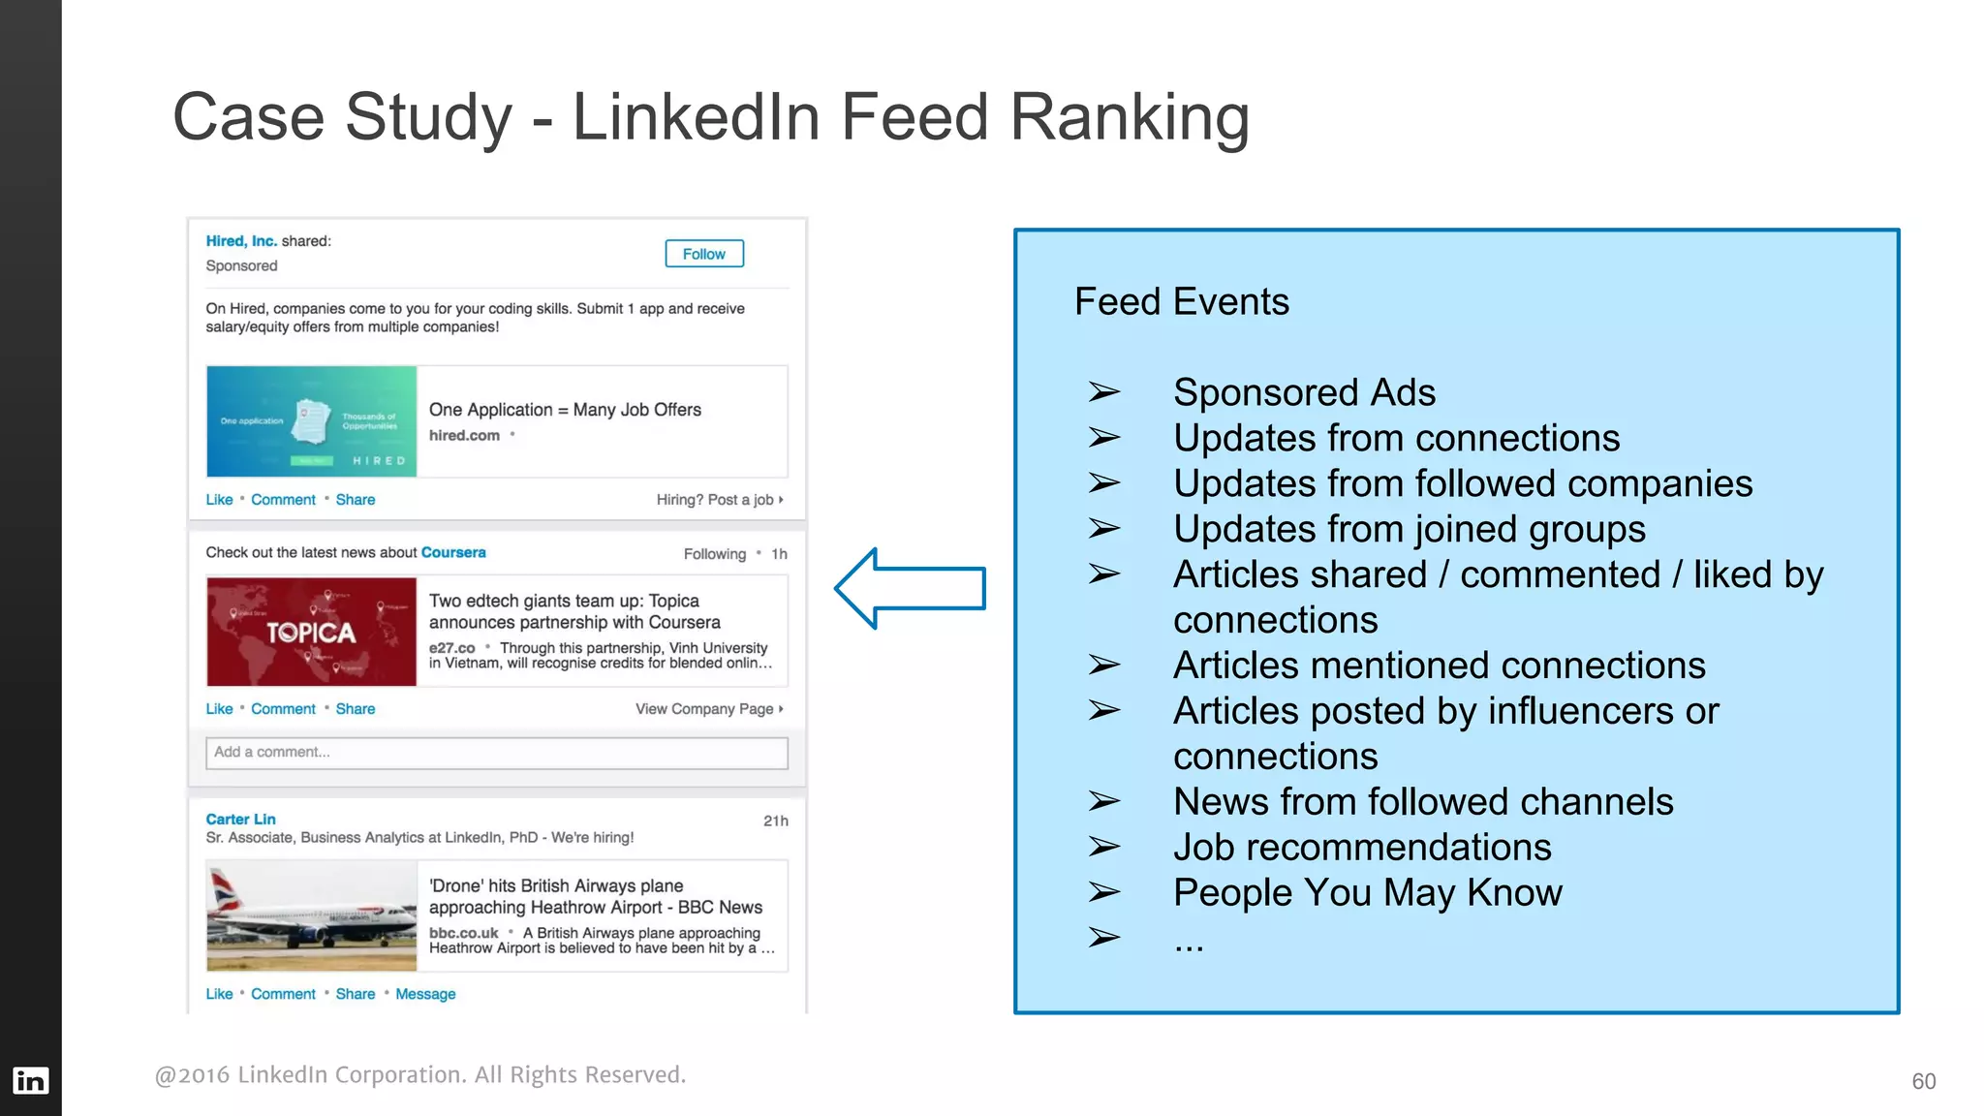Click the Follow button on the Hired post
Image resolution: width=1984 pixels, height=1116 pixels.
click(704, 254)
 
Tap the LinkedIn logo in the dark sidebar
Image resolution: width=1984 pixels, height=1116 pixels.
click(30, 1080)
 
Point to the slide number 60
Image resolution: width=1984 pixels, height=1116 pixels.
click(1923, 1081)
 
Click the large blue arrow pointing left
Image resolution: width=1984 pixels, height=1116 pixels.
click(910, 588)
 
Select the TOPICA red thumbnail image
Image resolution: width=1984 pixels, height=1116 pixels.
click(311, 632)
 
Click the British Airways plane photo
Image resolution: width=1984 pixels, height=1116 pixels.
click(311, 916)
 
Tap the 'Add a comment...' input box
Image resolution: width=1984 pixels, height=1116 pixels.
click(496, 753)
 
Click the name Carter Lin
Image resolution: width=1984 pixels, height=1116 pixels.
click(240, 820)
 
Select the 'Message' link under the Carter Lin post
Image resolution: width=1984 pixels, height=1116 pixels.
click(425, 994)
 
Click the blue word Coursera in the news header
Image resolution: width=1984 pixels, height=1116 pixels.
click(453, 552)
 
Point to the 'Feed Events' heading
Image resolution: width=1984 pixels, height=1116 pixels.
click(1182, 301)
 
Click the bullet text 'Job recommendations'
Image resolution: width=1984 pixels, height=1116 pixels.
click(1362, 848)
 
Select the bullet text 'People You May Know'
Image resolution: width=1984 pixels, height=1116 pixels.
click(1368, 893)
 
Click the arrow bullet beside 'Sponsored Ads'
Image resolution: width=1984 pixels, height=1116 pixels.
click(1103, 392)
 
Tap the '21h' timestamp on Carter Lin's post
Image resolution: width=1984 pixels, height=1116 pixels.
click(776, 821)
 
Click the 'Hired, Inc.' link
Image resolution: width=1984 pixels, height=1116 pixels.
click(241, 241)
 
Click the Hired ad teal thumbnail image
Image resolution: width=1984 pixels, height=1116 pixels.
click(311, 421)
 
